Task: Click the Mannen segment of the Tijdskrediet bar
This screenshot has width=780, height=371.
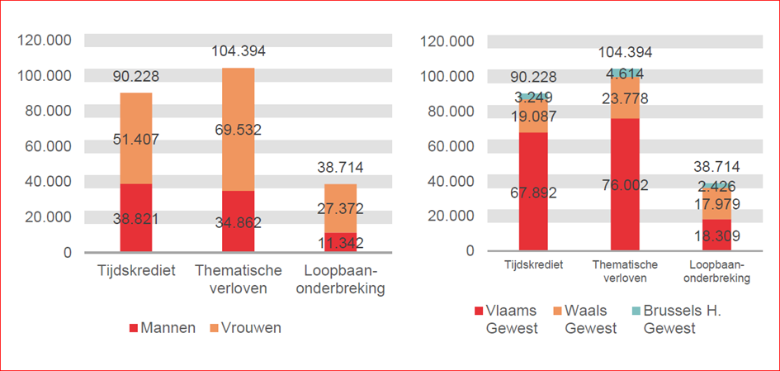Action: pyautogui.click(x=136, y=216)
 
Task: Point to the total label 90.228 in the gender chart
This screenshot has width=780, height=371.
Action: pyautogui.click(x=136, y=77)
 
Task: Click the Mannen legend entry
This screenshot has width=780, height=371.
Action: pyautogui.click(x=163, y=327)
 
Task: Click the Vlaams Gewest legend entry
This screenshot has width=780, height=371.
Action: pyautogui.click(x=504, y=319)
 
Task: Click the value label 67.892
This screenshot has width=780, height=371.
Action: pyautogui.click(x=533, y=193)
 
